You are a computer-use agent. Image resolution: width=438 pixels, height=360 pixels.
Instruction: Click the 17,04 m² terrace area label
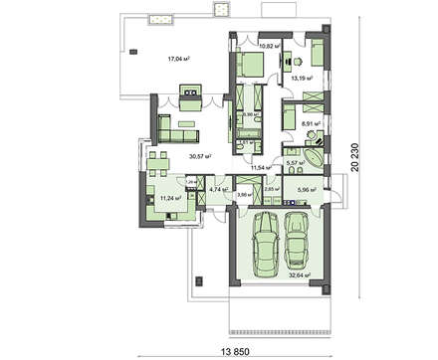coord(177,59)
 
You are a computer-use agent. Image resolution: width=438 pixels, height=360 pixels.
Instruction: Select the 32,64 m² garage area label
coord(298,274)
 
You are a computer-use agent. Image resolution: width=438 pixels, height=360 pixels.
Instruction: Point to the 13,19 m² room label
coord(301,77)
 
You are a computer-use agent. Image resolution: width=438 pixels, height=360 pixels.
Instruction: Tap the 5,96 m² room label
coord(306,189)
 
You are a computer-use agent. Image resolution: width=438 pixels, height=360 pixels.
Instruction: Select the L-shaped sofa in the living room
coord(174,127)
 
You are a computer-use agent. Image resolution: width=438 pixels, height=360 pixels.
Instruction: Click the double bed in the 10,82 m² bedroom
coord(251,69)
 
